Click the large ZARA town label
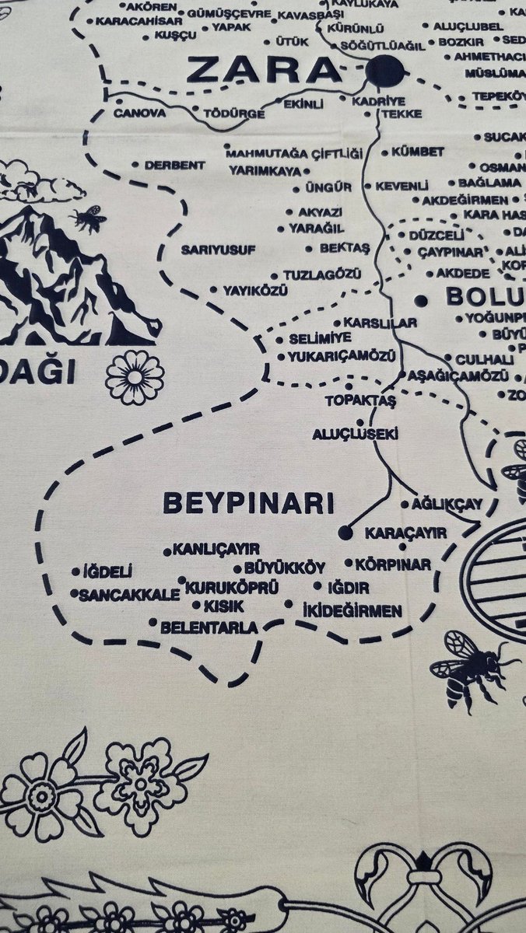(265, 72)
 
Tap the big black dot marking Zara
(385, 71)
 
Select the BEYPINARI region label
(248, 502)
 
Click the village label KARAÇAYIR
(405, 533)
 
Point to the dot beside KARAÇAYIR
(346, 533)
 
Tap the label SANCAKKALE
(129, 594)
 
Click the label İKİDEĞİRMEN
(352, 611)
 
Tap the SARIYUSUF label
(219, 250)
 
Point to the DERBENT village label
(175, 165)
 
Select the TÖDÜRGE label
(233, 114)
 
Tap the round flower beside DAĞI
(135, 377)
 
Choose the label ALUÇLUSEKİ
(355, 434)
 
